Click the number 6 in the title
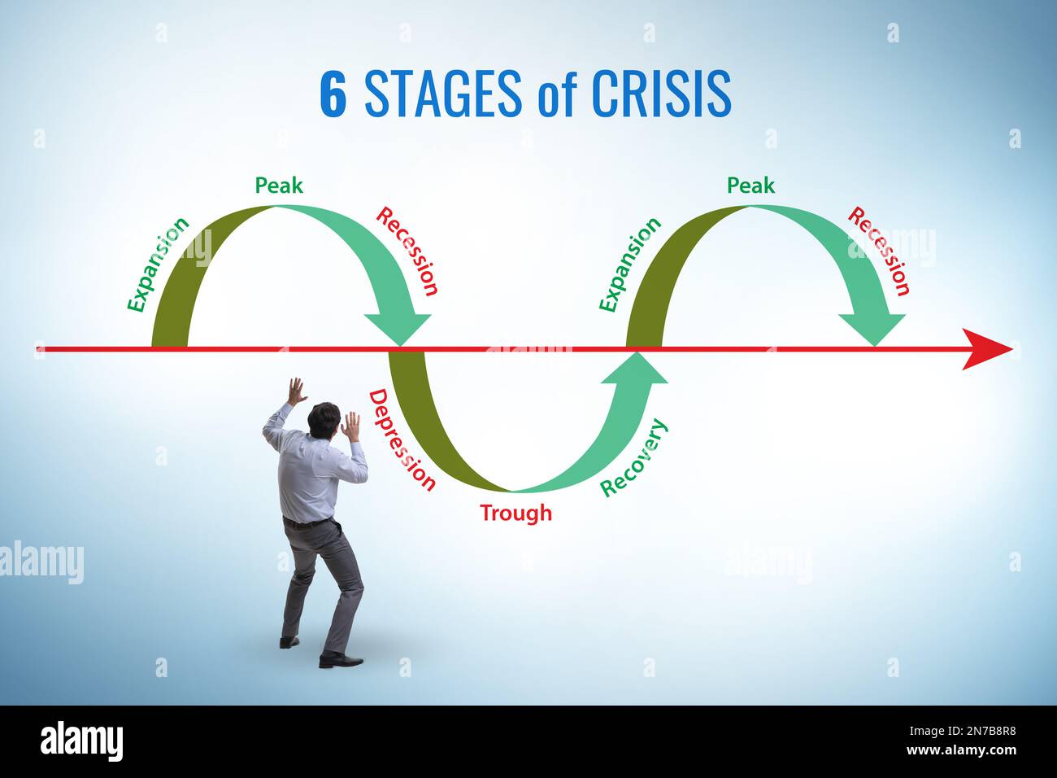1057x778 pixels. point(333,94)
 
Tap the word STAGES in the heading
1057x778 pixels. point(442,94)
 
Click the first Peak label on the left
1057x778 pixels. point(279,186)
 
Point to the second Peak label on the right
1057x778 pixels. point(750,186)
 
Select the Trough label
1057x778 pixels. point(515,513)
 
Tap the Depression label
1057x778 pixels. point(402,439)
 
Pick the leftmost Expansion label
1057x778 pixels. point(158,264)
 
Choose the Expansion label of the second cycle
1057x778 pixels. point(630,264)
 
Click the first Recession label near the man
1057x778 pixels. point(407,251)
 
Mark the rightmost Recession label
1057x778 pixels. point(879,251)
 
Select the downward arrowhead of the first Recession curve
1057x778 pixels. point(398,328)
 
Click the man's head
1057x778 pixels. point(324,418)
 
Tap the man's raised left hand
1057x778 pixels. point(297,391)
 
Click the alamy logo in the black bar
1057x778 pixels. point(81,741)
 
